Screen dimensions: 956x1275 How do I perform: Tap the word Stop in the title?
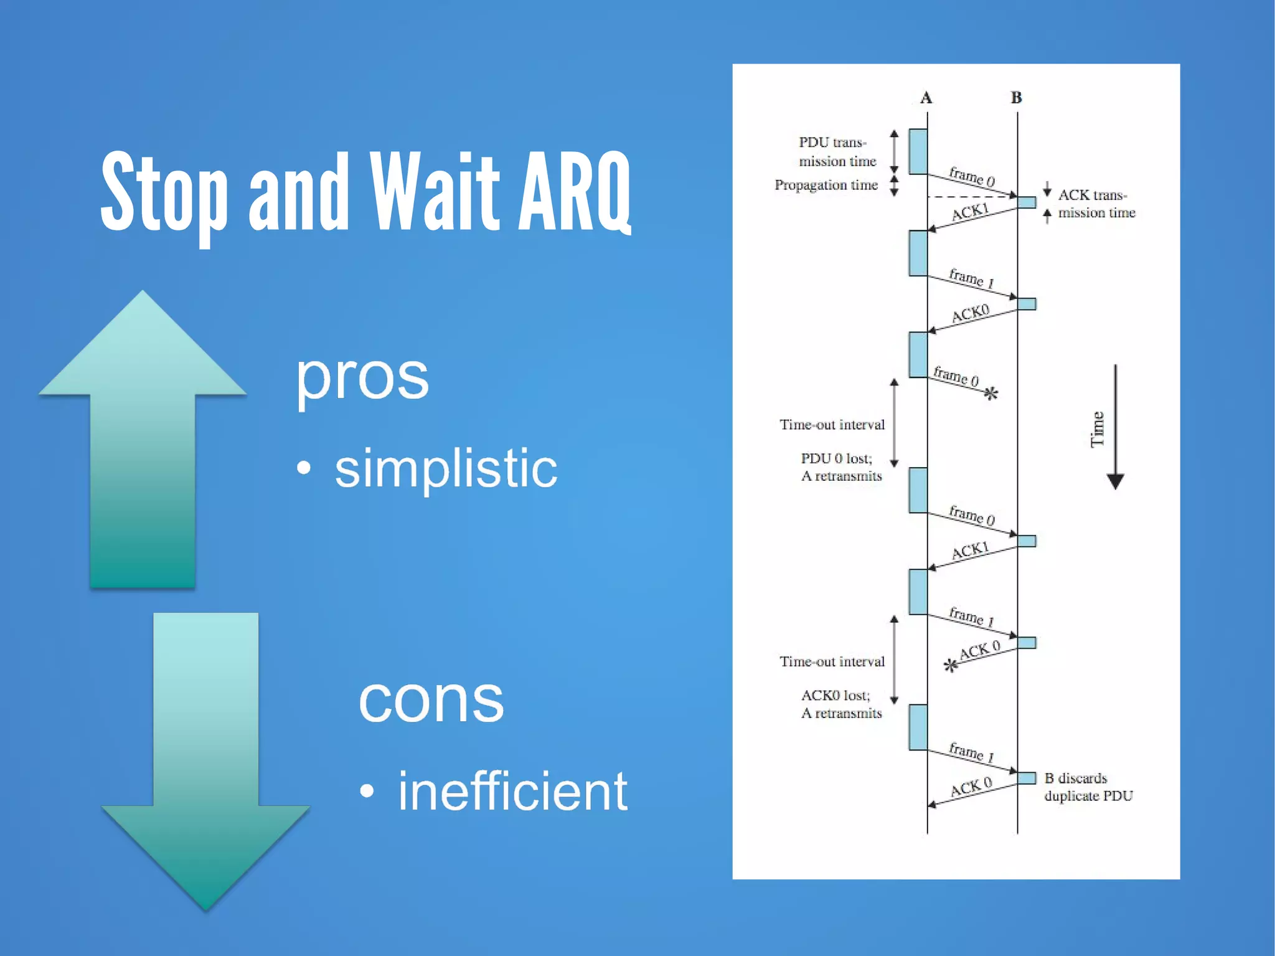[164, 193]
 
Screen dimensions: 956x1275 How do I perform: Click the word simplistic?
[446, 468]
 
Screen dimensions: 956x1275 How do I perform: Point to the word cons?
[431, 701]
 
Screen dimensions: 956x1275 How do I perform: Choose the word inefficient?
[512, 792]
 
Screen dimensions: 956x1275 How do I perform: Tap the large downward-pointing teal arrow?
[206, 760]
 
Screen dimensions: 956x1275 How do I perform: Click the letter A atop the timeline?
[926, 98]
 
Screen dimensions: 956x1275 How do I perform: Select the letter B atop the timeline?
[1016, 98]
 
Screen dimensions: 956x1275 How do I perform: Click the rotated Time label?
[1097, 429]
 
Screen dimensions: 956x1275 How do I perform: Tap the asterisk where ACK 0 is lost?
[950, 666]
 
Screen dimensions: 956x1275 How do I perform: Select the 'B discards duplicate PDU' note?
[1088, 787]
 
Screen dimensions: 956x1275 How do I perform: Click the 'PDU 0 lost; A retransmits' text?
[840, 467]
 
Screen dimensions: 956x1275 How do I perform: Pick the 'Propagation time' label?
[826, 185]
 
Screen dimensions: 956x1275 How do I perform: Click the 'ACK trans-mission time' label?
[1096, 204]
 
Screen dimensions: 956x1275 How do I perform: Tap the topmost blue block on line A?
[918, 151]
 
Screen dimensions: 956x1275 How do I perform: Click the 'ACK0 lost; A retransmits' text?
[840, 704]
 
